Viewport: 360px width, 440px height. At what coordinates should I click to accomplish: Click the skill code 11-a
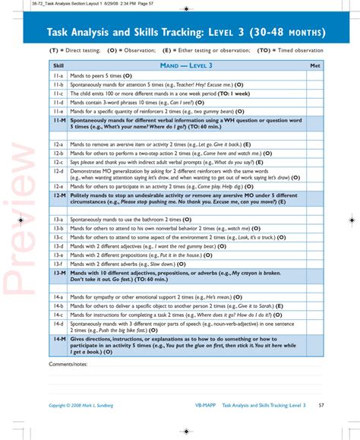click(x=58, y=77)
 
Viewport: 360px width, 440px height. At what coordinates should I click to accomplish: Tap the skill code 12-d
click(x=58, y=173)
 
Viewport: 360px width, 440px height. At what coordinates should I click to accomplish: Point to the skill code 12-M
click(x=58, y=197)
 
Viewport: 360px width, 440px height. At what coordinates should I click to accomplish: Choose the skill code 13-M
click(x=58, y=271)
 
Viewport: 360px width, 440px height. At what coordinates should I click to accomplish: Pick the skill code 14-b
click(x=58, y=305)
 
